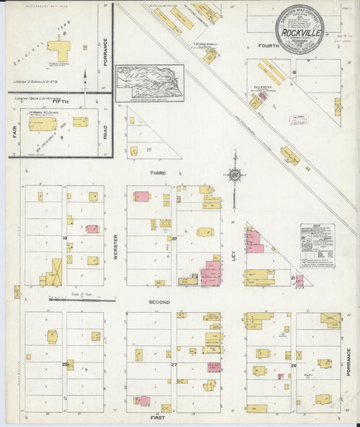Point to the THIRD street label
(x=158, y=173)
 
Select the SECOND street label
(x=159, y=302)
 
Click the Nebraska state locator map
(x=149, y=82)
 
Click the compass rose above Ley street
(x=234, y=175)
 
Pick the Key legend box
(x=316, y=246)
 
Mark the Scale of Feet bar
(x=67, y=299)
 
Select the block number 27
(x=174, y=365)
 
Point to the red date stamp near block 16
(x=298, y=120)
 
